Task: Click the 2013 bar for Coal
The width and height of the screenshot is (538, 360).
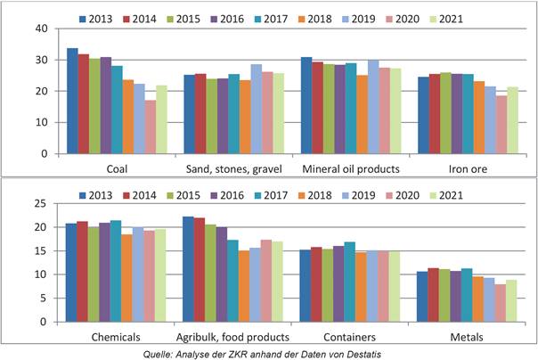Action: [72, 101]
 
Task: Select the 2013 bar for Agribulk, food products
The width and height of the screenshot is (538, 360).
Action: [188, 269]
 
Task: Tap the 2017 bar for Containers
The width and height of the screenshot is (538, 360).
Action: [349, 282]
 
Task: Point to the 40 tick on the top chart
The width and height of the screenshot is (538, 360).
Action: [40, 29]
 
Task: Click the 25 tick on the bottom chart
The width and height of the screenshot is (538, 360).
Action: [40, 204]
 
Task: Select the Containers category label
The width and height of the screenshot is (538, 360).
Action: [349, 336]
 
